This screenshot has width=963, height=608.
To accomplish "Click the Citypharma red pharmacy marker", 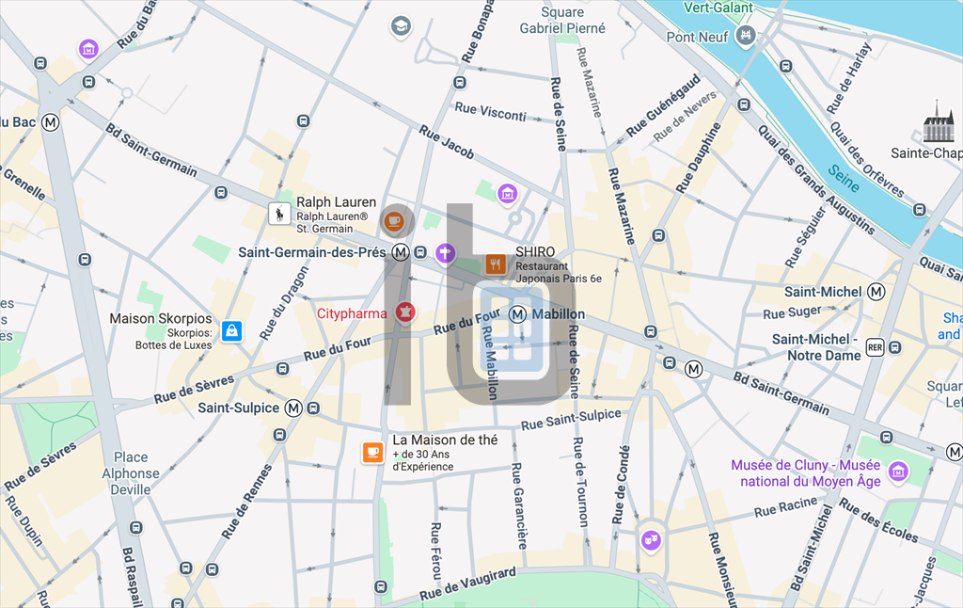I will click(x=405, y=312).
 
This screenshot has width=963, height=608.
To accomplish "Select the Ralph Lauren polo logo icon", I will click(x=279, y=214).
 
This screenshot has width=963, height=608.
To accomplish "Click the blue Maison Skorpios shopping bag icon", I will click(x=231, y=331).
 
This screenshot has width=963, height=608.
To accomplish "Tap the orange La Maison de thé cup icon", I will click(x=373, y=453).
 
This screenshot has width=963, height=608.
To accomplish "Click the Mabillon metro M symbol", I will click(x=518, y=314).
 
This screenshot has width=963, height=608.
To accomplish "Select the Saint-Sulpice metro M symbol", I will click(x=293, y=408).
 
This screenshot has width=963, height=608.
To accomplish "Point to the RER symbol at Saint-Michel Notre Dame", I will click(x=875, y=347).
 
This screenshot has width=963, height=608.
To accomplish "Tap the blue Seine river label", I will click(x=844, y=173).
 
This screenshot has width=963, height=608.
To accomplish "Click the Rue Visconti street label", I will click(x=490, y=112).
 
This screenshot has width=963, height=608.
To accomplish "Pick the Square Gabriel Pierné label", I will click(x=562, y=21).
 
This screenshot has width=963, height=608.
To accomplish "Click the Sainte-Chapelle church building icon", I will click(x=938, y=122).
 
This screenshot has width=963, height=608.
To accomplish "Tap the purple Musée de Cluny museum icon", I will click(x=898, y=471).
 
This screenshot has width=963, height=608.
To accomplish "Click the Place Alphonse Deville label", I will click(x=131, y=473).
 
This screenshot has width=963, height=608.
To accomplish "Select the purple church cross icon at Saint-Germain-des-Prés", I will click(x=445, y=252).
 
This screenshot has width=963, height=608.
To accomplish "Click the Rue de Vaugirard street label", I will click(x=467, y=584).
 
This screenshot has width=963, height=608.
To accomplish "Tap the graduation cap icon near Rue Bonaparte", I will click(x=402, y=25).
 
